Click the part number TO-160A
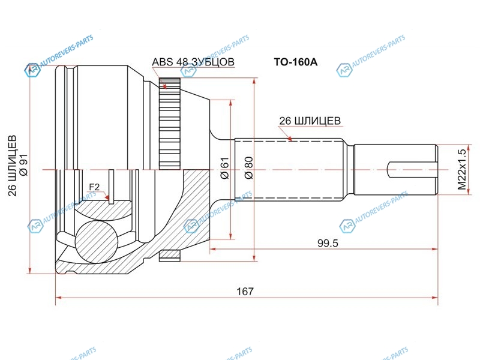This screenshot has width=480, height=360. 295,62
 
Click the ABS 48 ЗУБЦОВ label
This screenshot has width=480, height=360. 193,62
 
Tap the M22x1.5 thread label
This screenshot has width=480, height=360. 461,170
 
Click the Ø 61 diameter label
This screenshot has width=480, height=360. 224,170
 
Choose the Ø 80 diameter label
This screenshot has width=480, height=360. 248,170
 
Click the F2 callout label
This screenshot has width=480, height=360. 94,188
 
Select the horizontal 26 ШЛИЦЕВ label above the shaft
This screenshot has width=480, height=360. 310,121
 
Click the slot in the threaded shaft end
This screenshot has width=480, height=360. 412,170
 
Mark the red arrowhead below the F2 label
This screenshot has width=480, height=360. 108,197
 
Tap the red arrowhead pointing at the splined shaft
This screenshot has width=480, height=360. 291,139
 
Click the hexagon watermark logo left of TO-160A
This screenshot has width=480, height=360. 188,71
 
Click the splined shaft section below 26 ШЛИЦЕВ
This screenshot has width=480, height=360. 288,170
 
